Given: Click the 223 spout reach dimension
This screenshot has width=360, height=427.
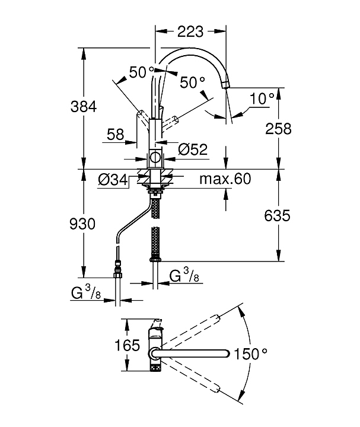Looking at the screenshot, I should pos(190,31).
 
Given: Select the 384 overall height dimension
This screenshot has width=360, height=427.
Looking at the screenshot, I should pos(84,107).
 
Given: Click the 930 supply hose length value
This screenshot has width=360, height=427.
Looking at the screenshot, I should pos(83,224).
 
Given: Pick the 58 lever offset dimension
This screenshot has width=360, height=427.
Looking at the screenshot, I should pos(115,135).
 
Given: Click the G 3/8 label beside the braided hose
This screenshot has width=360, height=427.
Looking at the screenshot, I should pos(183,276).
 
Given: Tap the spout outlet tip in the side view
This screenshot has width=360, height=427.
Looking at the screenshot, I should pos(225,87).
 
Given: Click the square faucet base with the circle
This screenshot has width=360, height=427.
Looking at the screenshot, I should pos(155,158).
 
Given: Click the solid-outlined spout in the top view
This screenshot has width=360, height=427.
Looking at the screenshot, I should pos(190,354).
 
